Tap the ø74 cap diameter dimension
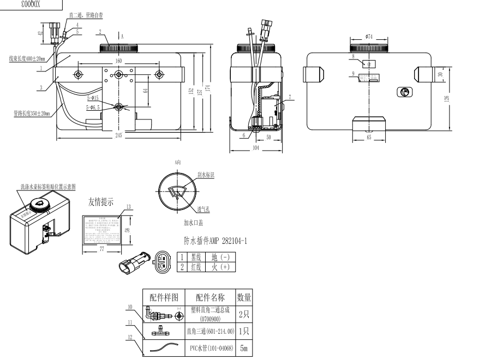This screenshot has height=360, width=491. point(369,37)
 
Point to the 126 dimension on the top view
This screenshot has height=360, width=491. point(447,98)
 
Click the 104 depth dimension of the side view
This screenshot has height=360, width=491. point(256,148)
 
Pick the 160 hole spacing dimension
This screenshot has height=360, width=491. point(118,61)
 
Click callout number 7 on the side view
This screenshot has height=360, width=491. point(290,97)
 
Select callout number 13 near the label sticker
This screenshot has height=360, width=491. point(129,207)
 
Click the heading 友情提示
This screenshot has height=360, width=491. point(101,202)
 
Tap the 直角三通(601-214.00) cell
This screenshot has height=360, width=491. point(210,331)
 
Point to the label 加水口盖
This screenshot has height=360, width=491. point(194,223)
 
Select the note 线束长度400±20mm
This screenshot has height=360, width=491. point(26,58)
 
